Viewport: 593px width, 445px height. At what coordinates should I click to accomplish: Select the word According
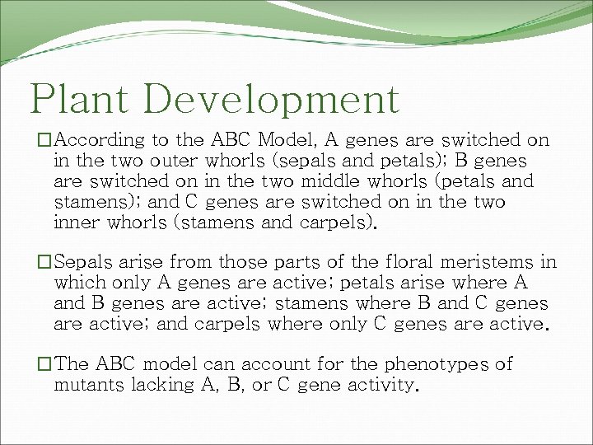coord(102,141)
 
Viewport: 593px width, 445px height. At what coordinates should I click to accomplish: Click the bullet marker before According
coord(32,142)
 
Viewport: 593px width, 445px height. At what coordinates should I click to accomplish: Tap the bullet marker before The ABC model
coord(32,364)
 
